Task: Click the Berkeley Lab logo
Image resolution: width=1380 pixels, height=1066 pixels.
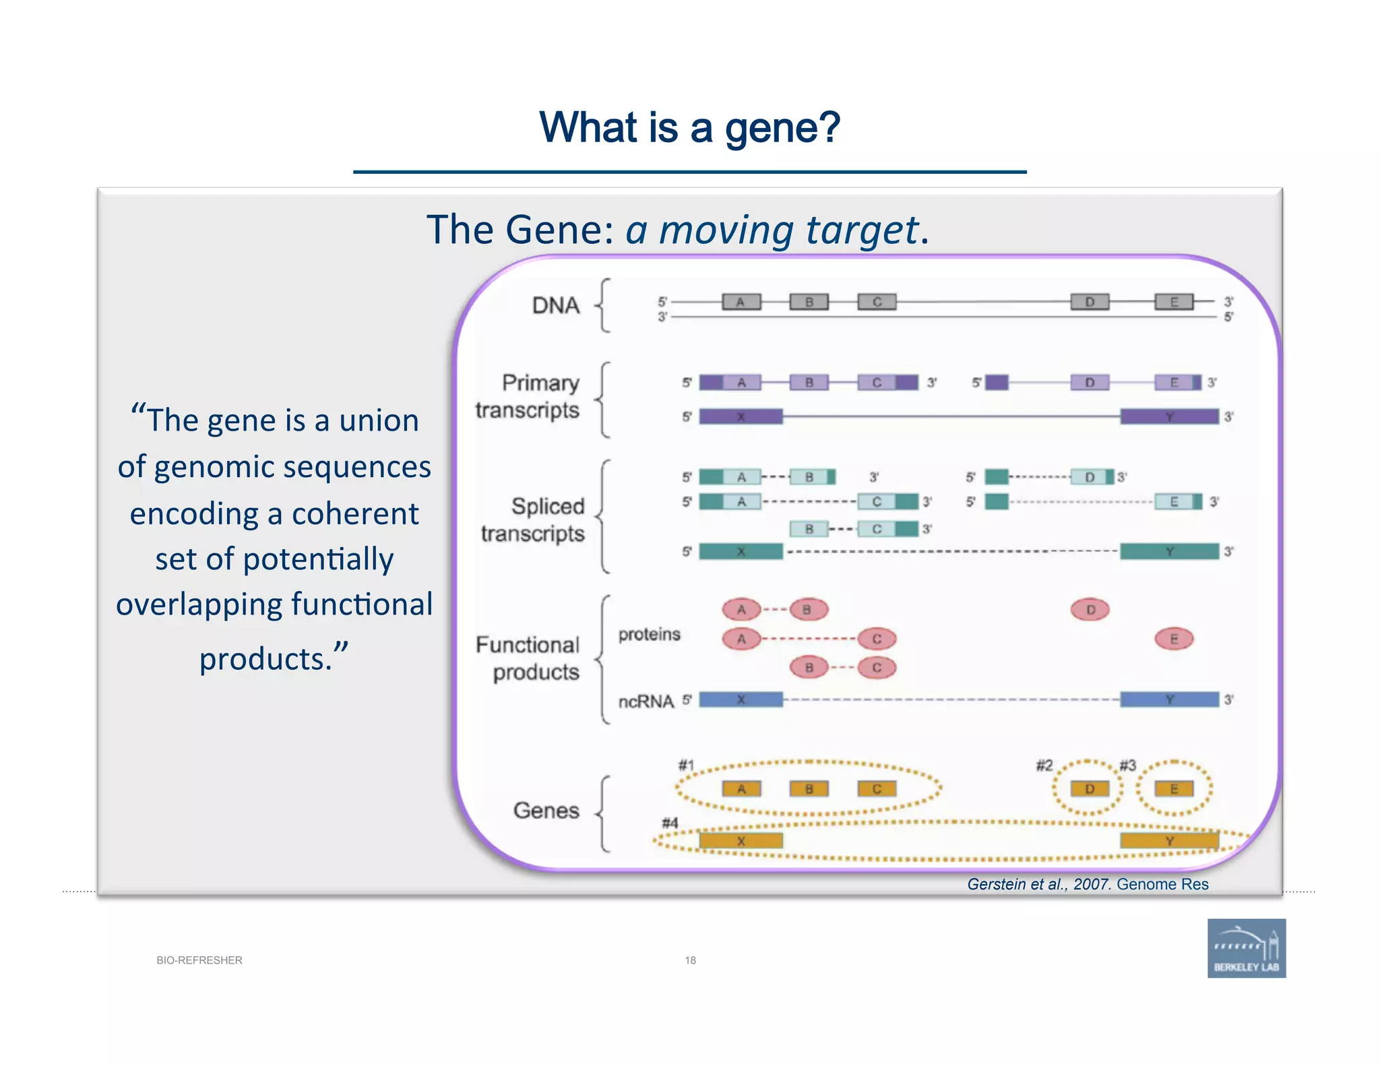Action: point(1246,947)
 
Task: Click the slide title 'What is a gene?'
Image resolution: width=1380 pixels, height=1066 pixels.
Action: point(689,127)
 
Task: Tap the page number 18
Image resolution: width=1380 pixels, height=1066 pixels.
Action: point(690,960)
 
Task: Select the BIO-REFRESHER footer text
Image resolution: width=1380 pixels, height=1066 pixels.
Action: point(199,960)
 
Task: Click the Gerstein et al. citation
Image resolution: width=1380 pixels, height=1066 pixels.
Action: point(1087,884)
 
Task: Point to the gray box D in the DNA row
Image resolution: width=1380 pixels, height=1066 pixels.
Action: point(1090,302)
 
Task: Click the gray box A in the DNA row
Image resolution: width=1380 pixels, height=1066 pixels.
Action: point(741,302)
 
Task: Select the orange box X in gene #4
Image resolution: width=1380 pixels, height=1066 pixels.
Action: point(741,841)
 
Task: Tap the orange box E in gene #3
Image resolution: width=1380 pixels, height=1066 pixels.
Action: point(1174,788)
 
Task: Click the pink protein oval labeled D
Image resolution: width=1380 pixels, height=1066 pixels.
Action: point(1090,610)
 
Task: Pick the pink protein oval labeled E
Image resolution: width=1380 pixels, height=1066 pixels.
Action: point(1174,639)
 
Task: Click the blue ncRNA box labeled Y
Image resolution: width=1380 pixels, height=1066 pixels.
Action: point(1169,699)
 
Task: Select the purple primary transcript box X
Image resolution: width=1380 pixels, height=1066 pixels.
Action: point(741,416)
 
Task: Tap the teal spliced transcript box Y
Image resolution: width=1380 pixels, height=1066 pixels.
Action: point(1169,551)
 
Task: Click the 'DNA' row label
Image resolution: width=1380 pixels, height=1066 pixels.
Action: point(555,306)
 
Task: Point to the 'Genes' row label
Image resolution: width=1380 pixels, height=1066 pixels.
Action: point(546,810)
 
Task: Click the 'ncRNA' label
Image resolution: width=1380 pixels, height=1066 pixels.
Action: point(646,701)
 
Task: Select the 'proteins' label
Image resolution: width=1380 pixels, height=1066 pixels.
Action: point(649,634)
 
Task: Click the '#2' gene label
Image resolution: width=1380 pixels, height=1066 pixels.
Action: point(1044,765)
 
